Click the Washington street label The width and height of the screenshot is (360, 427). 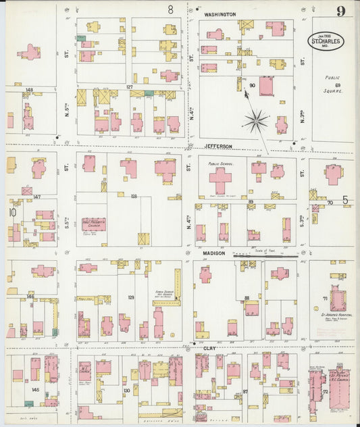coord(220,14)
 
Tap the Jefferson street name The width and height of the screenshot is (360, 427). coord(218,146)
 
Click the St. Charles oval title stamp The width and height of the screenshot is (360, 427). coord(327,41)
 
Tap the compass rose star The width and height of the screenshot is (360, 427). coord(256,122)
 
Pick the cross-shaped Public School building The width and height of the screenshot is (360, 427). coord(220,180)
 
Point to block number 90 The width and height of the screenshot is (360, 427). coord(252,85)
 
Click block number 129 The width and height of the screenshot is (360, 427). coord(130,297)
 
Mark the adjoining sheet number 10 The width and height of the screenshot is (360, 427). coord(11,212)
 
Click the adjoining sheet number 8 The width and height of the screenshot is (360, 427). coord(171,9)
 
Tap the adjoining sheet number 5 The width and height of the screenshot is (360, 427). coord(344,200)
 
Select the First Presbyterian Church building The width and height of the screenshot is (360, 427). coord(94,224)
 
